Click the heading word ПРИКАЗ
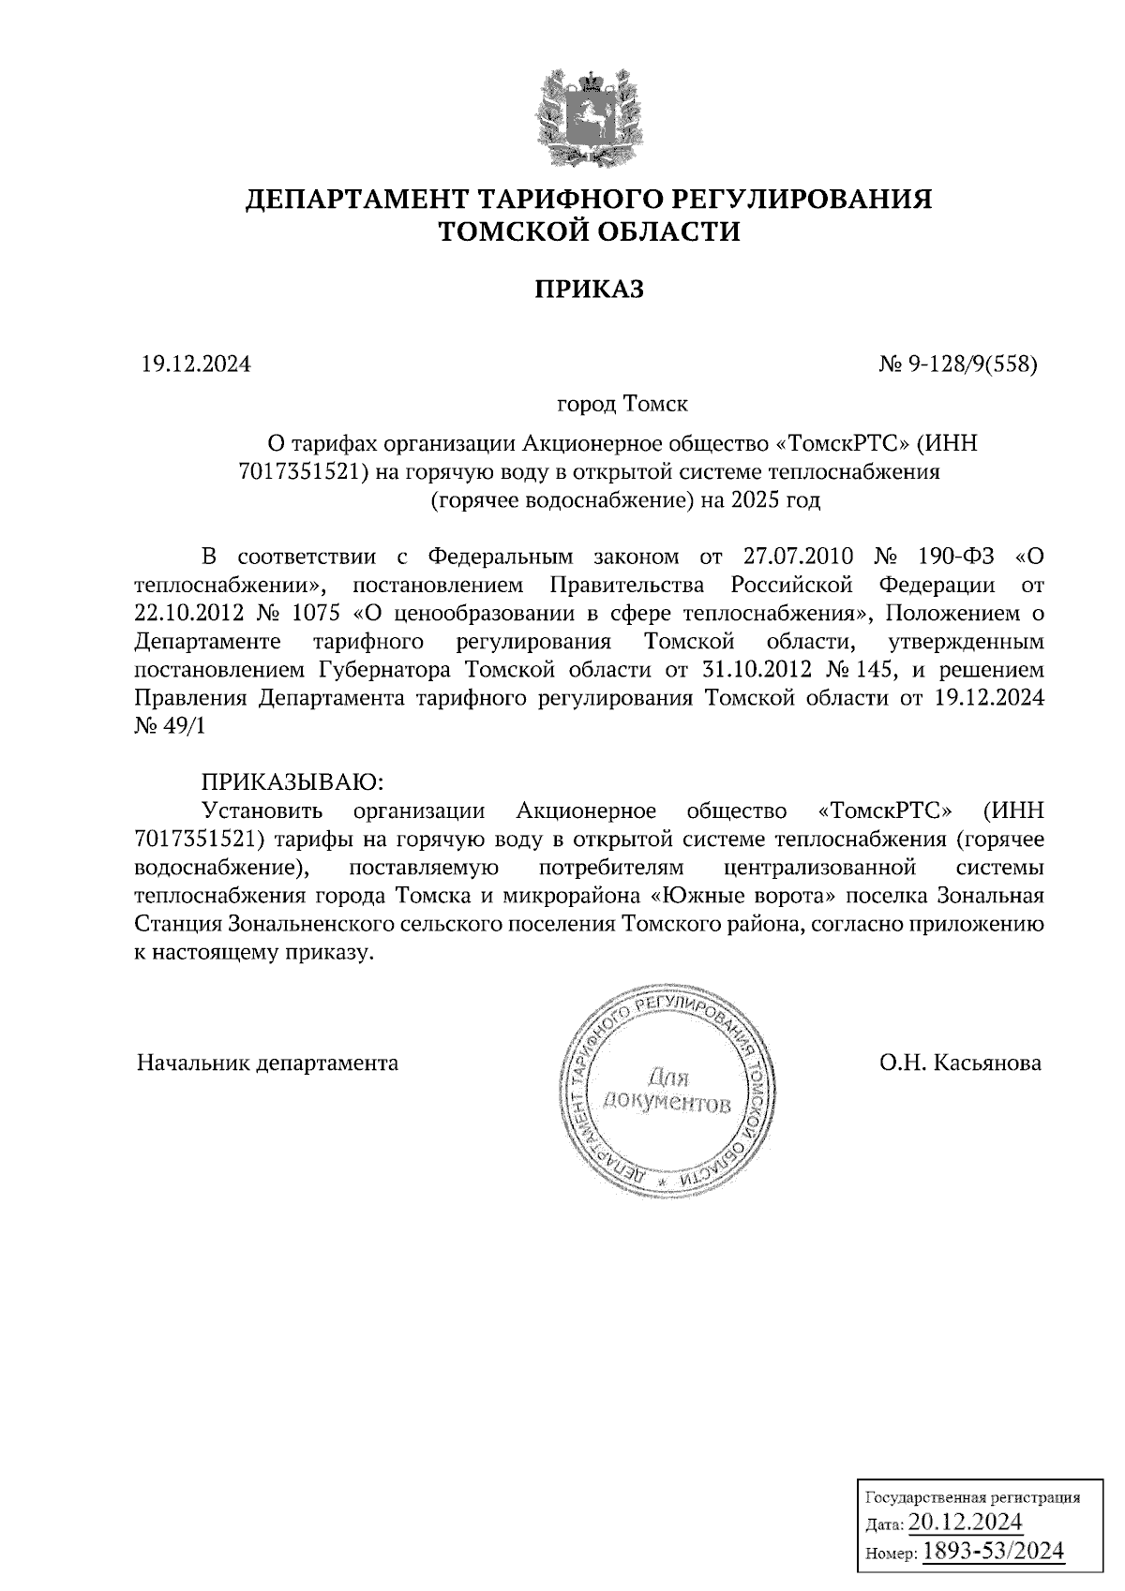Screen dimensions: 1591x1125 pos(590,290)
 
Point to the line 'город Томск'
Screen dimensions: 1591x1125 pos(622,405)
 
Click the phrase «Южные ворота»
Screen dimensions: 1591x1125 pos(729,895)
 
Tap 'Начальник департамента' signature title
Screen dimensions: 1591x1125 pos(267,1063)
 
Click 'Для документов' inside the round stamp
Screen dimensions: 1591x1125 pos(667,1088)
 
